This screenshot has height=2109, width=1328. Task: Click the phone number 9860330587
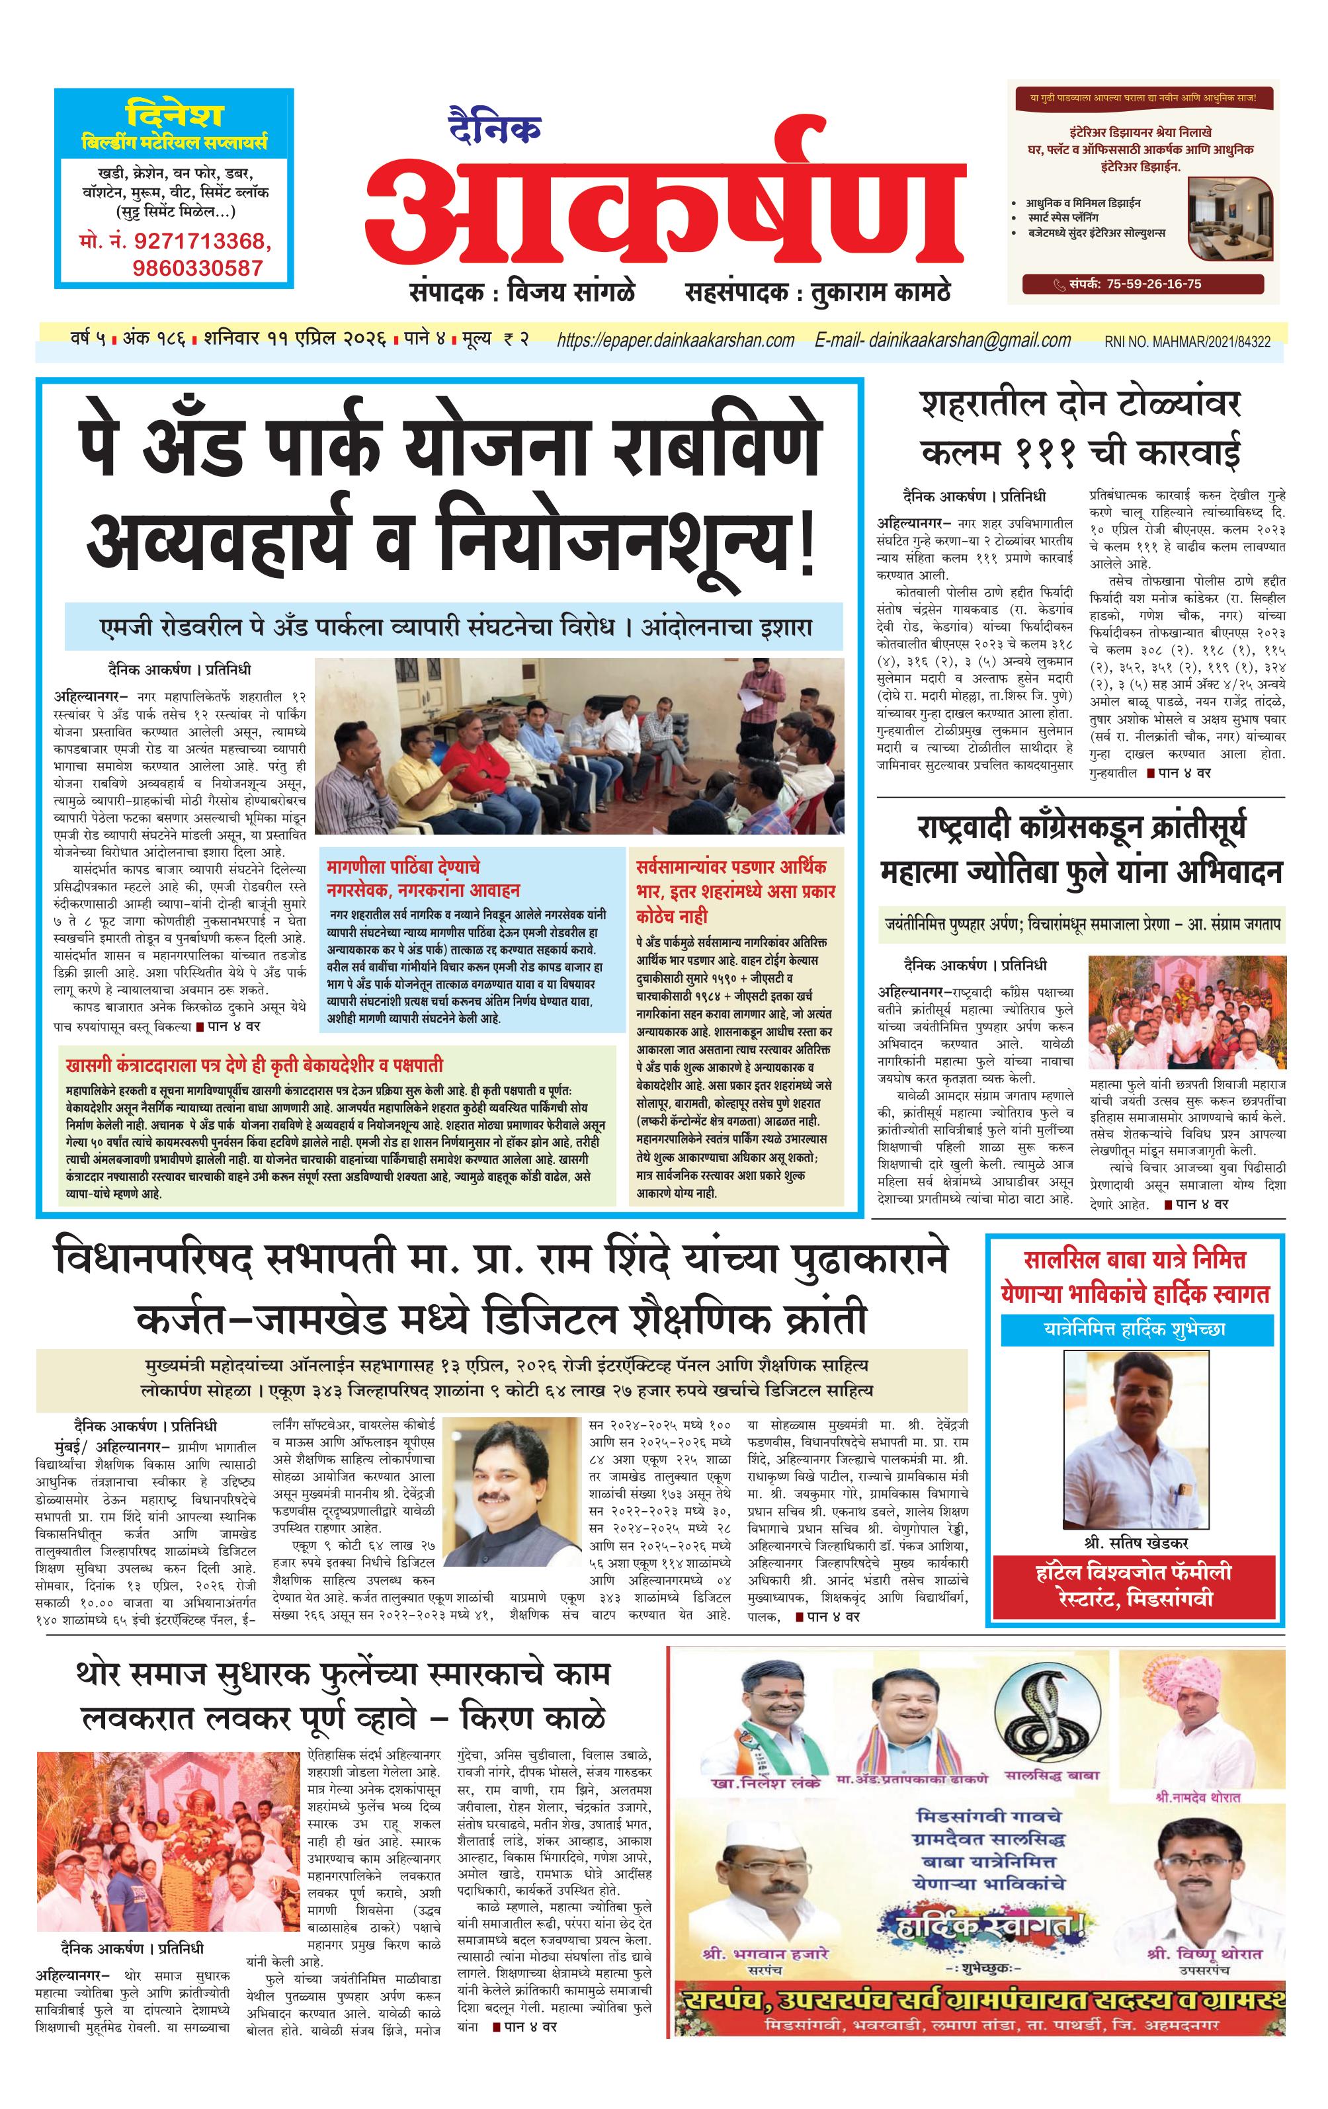(x=198, y=267)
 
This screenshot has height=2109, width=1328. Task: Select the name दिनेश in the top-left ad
(x=175, y=114)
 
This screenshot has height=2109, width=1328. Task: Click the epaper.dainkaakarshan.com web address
(x=675, y=341)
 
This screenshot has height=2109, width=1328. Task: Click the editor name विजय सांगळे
(x=572, y=292)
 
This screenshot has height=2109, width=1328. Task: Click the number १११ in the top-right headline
(x=1048, y=452)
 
